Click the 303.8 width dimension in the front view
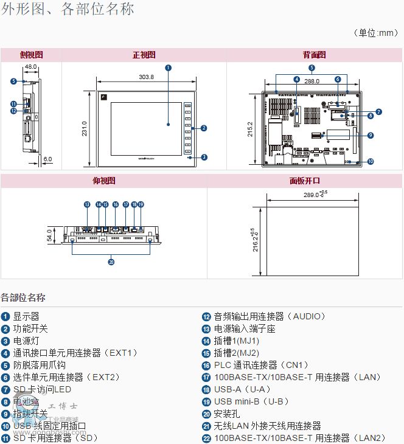[146, 77]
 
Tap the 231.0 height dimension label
[85, 129]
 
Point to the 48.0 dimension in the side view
[30, 67]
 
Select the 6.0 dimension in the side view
[48, 159]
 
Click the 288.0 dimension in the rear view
[312, 81]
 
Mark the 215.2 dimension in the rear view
[250, 129]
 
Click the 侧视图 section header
[30, 55]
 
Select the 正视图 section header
[144, 55]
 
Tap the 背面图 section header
[314, 55]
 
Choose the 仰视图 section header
[103, 181]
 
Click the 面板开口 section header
[304, 181]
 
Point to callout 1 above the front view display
[168, 68]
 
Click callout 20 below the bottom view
[111, 263]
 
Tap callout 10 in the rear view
[371, 162]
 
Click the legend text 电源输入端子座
[245, 328]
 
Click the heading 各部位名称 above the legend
[23, 297]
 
